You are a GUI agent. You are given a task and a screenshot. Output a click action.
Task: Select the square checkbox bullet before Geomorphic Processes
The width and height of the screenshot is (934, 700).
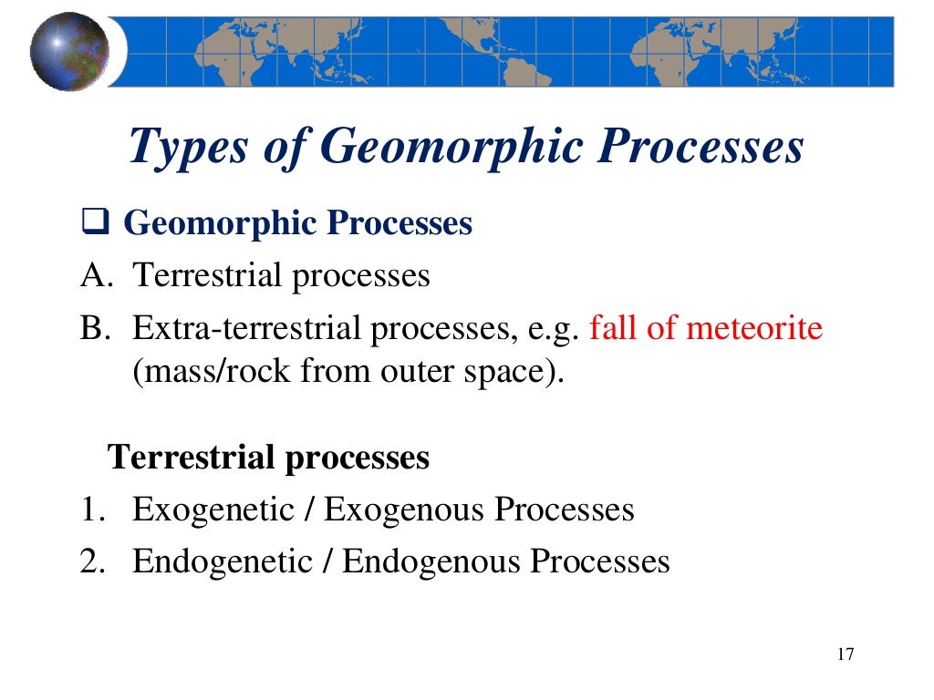click(95, 224)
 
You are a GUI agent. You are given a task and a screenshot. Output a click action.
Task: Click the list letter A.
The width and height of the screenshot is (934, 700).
click(93, 275)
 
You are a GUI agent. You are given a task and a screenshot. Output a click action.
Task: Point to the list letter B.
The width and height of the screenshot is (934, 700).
click(93, 327)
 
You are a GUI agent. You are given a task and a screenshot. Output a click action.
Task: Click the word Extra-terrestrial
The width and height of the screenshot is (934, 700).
click(247, 327)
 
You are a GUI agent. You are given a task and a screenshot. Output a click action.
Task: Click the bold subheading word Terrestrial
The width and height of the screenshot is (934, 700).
click(192, 456)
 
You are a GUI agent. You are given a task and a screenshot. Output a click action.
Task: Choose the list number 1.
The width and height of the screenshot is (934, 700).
click(89, 509)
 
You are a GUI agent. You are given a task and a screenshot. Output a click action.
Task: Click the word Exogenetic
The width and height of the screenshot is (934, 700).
click(216, 510)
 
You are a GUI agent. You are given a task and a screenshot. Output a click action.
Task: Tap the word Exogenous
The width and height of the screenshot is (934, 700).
click(405, 510)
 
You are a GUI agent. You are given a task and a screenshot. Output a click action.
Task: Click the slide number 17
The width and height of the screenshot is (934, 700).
click(844, 654)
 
